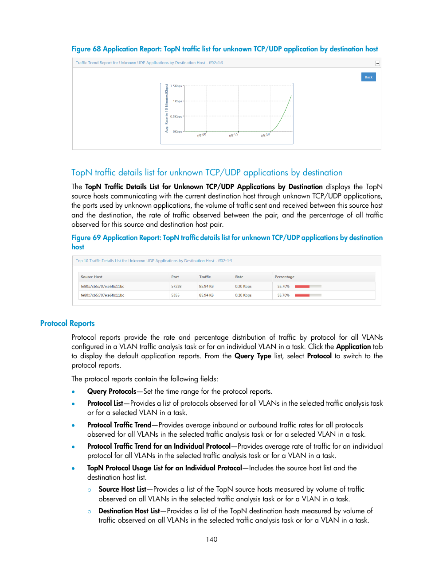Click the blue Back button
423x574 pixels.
368,77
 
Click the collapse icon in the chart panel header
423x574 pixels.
377,63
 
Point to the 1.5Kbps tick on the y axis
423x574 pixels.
176,86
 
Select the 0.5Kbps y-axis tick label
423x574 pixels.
176,116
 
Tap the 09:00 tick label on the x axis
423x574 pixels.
202,135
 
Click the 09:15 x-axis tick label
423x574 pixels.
233,135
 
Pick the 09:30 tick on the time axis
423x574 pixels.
265,135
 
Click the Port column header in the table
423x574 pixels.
175,277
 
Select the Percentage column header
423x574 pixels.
284,277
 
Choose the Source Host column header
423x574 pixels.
91,277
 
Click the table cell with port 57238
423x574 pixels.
176,286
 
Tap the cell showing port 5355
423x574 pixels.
176,295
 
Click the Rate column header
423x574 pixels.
239,277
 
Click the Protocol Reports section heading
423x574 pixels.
67,323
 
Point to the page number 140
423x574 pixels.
211,539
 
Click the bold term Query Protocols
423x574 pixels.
112,392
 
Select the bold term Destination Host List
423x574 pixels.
129,511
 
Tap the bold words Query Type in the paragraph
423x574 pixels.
253,356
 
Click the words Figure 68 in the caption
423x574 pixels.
86,49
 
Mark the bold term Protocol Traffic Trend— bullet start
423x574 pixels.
119,425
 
